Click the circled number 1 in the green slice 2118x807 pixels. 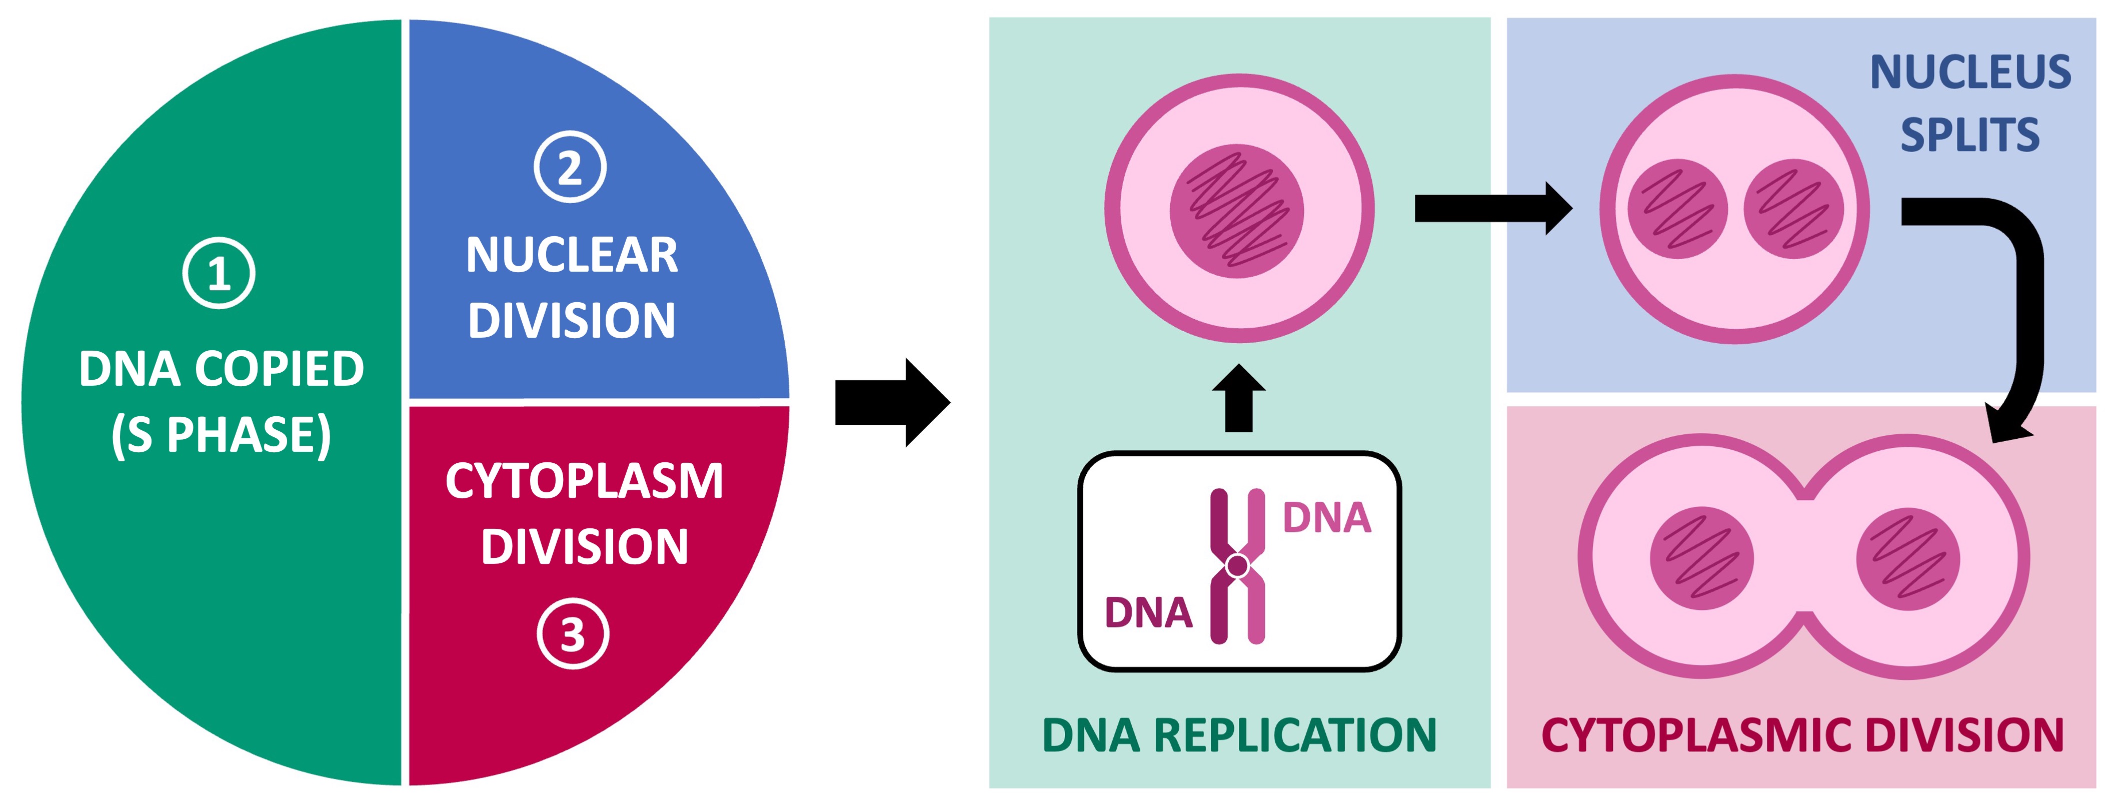pos(219,273)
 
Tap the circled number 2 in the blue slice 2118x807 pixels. pos(570,167)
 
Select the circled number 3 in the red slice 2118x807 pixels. pos(573,634)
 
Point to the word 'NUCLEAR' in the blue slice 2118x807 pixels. pos(572,255)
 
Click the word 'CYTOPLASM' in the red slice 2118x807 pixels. pos(584,481)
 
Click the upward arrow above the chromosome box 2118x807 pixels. pos(1239,398)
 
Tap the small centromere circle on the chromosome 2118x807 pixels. pos(1237,565)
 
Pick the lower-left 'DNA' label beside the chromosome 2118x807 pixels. pos(1148,613)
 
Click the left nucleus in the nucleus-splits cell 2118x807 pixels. pos(1677,209)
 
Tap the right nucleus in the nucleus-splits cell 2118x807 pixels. pos(1793,209)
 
